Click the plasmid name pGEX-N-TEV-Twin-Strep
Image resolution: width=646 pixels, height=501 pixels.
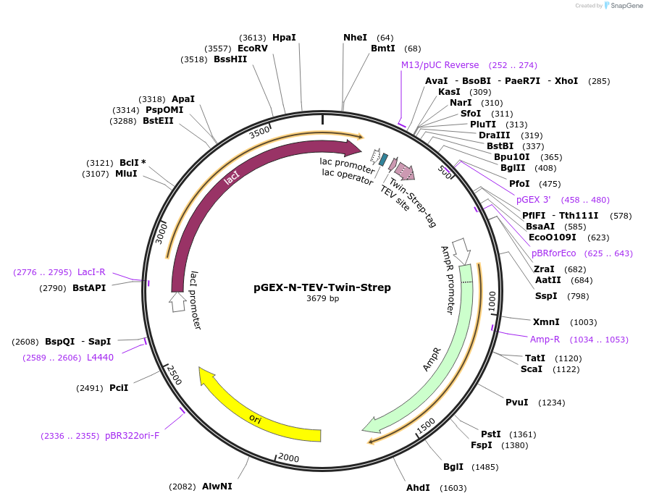click(x=322, y=287)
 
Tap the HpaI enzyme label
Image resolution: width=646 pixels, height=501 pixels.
click(x=284, y=38)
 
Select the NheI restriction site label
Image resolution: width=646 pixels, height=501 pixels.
click(x=355, y=38)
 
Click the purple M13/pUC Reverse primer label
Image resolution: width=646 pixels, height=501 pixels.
click(x=440, y=65)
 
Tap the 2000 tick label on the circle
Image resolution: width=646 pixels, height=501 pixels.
click(x=288, y=458)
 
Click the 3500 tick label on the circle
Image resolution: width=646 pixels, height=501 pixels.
click(x=259, y=132)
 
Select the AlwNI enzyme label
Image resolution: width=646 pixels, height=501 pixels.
click(x=217, y=487)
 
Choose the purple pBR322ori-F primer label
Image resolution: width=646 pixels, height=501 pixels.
click(x=132, y=436)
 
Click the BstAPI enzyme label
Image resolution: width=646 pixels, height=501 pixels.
click(x=90, y=288)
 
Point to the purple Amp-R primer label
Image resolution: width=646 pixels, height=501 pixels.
click(x=545, y=340)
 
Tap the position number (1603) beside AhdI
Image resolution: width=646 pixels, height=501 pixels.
click(x=453, y=488)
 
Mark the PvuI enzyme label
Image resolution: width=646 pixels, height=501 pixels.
click(x=516, y=403)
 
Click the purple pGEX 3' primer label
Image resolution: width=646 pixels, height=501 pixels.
click(x=533, y=200)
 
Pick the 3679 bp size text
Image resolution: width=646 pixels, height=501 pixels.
click(x=322, y=298)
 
